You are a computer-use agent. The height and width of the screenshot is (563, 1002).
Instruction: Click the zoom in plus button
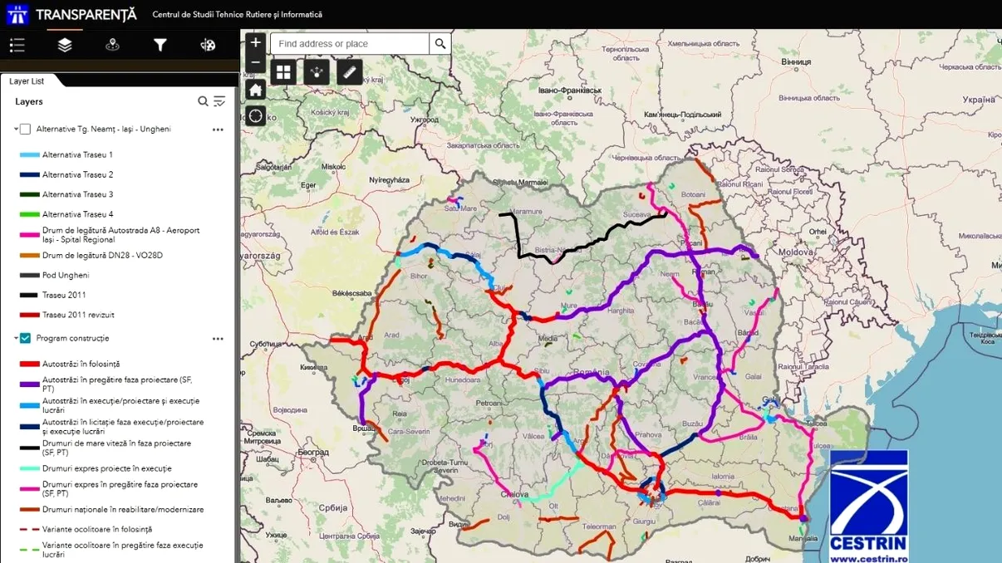point(255,42)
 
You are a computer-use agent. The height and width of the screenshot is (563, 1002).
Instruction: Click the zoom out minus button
point(255,63)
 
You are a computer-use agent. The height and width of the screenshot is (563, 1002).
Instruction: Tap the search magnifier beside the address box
point(440,43)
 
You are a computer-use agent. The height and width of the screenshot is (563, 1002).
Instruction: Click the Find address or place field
point(350,43)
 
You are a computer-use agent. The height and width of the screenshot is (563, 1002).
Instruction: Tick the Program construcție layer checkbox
point(25,339)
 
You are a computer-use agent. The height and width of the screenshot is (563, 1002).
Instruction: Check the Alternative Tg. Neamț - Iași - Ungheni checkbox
point(25,130)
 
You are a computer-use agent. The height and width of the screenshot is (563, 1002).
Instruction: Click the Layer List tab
point(27,81)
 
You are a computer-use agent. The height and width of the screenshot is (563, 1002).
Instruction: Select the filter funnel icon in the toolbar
point(160,45)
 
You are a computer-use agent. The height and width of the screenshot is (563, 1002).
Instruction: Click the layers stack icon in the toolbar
point(65,45)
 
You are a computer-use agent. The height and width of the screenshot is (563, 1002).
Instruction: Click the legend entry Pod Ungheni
point(66,276)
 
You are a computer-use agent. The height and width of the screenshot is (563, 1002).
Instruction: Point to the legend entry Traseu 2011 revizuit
point(78,316)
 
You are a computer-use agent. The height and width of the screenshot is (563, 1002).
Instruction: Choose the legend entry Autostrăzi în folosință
point(81,365)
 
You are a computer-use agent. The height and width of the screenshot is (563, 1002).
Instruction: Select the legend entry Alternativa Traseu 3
point(77,195)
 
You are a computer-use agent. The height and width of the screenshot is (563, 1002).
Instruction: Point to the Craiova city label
point(515,495)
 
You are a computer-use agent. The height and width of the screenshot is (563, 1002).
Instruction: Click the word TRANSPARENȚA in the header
point(86,15)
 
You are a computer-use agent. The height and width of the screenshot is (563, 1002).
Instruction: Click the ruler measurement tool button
point(350,72)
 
